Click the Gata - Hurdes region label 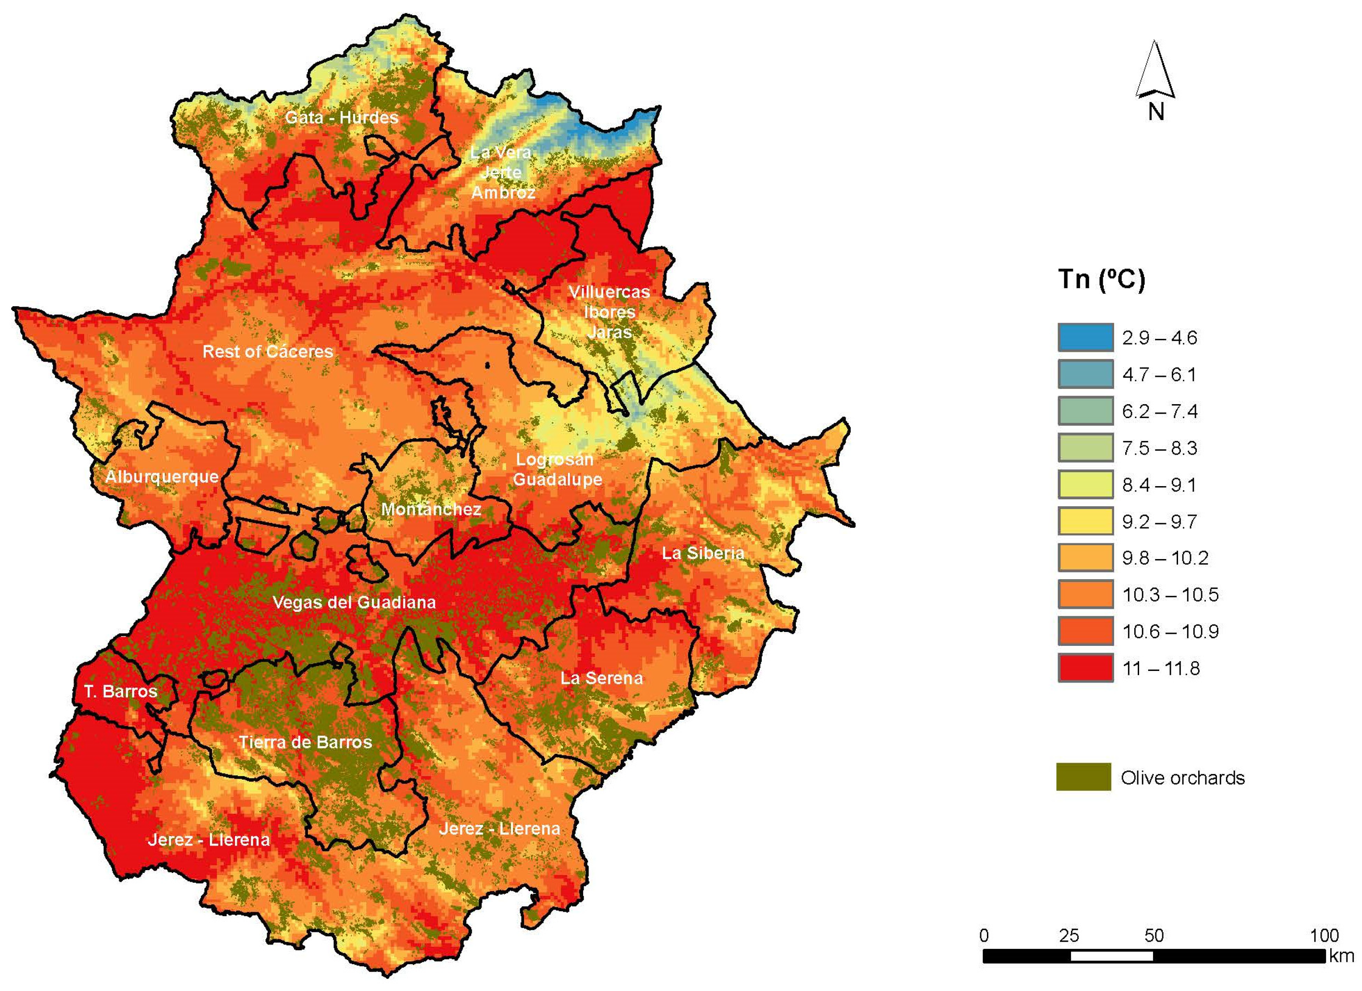tap(341, 117)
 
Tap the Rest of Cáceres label tap(267, 351)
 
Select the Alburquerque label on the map tap(162, 476)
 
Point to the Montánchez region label tap(431, 509)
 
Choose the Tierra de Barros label tap(305, 742)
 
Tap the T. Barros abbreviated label tap(121, 691)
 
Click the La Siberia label tap(703, 553)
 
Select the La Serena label tap(601, 678)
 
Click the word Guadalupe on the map tap(557, 480)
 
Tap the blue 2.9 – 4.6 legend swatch tap(1085, 337)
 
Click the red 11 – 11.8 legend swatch tap(1085, 668)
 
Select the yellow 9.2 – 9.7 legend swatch tap(1085, 521)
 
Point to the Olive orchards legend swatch tap(1083, 777)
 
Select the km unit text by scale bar tap(1341, 956)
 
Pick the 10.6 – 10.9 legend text tap(1170, 631)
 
